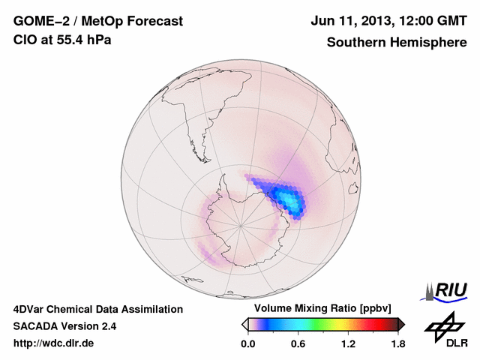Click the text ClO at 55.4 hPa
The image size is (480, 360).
61,40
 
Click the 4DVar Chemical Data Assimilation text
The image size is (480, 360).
97,309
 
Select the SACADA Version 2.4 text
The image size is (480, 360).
64,326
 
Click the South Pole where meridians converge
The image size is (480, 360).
241,224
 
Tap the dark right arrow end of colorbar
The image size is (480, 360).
401,324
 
